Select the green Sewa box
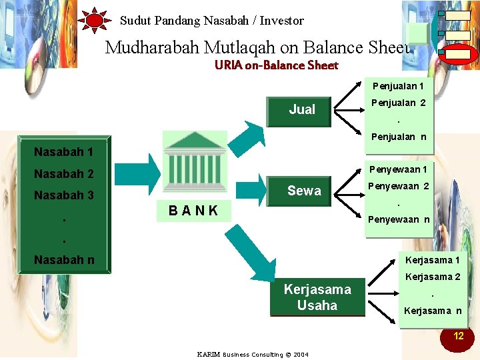[x=303, y=191]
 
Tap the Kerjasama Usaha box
[x=317, y=297]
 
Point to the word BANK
[x=193, y=211]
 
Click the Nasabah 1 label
[x=64, y=152]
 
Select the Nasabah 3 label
[x=64, y=196]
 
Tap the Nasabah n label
[x=64, y=260]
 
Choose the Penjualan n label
[x=399, y=137]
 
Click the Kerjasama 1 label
[x=432, y=260]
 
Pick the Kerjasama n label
[x=431, y=311]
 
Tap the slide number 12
[x=458, y=336]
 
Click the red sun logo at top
[x=95, y=21]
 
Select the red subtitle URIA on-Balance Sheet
[x=276, y=65]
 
